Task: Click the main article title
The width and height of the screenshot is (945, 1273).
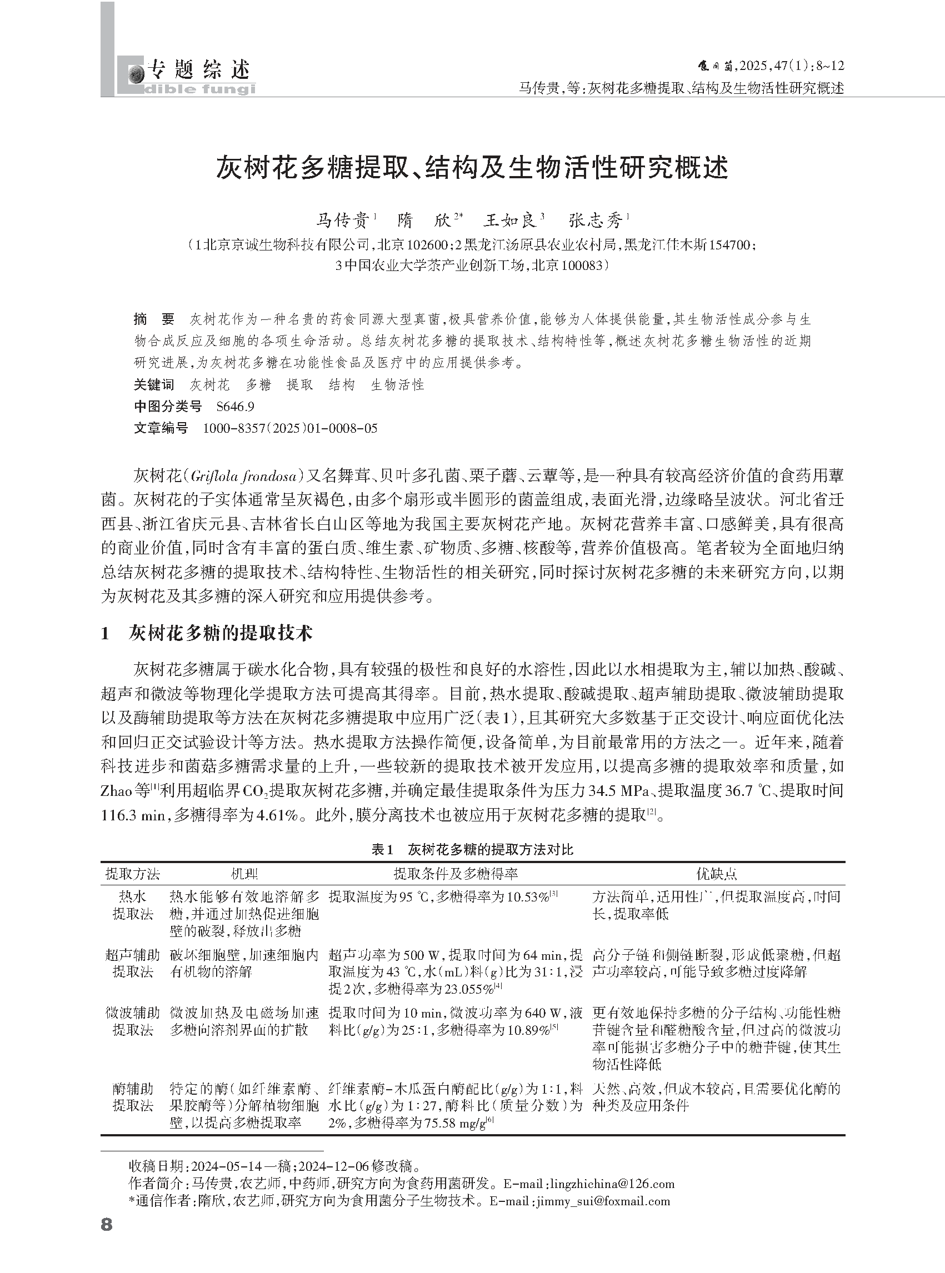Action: tap(472, 168)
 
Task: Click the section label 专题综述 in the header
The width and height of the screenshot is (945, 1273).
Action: tap(198, 70)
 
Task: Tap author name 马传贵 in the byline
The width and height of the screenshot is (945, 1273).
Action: tap(342, 220)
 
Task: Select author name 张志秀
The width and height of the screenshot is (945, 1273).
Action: tap(595, 220)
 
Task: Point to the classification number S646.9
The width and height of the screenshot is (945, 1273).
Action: tap(235, 407)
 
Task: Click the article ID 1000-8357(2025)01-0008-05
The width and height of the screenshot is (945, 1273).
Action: tap(290, 428)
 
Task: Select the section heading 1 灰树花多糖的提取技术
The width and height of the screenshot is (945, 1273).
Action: tap(207, 633)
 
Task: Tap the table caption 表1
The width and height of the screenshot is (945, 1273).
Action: tap(382, 849)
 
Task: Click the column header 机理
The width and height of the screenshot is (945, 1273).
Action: tap(244, 873)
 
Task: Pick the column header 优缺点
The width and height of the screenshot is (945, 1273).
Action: tap(716, 873)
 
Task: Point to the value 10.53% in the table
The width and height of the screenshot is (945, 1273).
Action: tap(528, 896)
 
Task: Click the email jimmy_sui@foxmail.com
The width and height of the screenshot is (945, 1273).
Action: tap(603, 1201)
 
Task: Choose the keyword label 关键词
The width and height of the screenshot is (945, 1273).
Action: tap(153, 385)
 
